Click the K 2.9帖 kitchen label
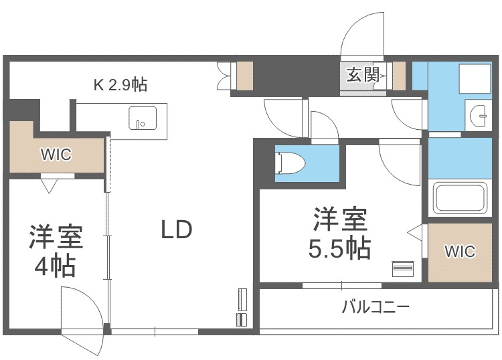120,85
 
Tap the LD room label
176,230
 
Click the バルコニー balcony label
375,308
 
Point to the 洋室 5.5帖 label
339,234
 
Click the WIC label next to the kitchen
56,154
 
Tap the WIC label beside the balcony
460,252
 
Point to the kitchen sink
142,118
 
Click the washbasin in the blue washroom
481,116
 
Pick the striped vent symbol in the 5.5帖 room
402,268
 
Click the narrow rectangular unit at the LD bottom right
242,307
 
